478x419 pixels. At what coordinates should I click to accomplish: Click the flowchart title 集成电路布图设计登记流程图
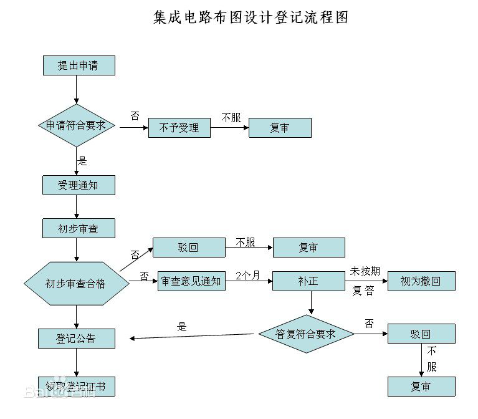(x=251, y=17)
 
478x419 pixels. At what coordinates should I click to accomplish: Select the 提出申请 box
(x=79, y=65)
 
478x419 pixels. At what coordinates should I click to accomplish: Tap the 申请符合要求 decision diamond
(x=77, y=125)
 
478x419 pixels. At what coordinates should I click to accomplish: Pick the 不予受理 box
(x=179, y=128)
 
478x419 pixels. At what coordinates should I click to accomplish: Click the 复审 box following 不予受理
(x=280, y=128)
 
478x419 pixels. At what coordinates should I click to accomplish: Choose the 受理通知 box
(x=79, y=185)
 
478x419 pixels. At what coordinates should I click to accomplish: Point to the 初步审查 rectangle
(x=79, y=228)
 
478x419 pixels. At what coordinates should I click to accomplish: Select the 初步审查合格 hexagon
(x=76, y=283)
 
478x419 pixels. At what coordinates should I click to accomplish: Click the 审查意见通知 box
(x=191, y=281)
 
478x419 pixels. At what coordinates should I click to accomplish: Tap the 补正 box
(x=308, y=281)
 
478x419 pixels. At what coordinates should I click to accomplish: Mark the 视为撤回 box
(x=421, y=281)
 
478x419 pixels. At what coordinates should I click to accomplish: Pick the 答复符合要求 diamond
(x=306, y=334)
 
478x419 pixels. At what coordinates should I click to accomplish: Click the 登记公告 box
(x=77, y=338)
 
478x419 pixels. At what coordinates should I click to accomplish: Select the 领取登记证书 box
(x=77, y=387)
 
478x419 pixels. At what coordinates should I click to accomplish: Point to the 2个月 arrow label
(x=247, y=275)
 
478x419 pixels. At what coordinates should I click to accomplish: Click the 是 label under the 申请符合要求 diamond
(x=82, y=160)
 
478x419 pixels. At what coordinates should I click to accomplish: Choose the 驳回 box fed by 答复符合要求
(x=421, y=334)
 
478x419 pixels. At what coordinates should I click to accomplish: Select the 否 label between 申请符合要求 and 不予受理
(x=135, y=116)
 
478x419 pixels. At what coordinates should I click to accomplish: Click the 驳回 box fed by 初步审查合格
(x=189, y=248)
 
